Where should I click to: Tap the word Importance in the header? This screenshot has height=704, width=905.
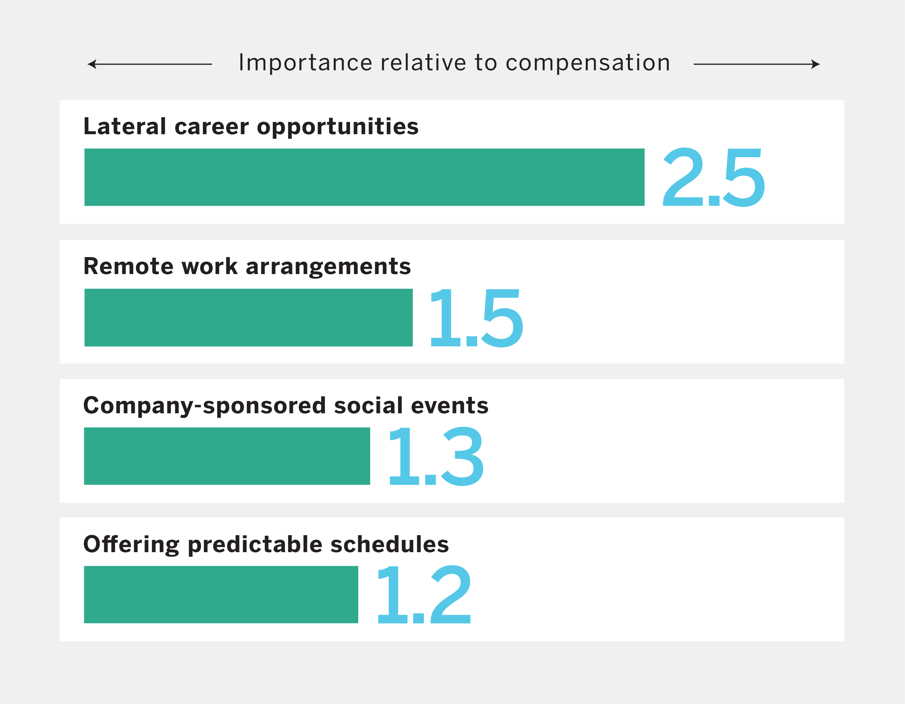305,63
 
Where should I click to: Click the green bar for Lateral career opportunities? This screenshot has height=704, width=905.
364,177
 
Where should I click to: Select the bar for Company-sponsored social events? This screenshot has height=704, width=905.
227,456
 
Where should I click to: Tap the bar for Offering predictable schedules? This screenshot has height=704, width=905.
221,595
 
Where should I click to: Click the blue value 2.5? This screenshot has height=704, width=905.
713,177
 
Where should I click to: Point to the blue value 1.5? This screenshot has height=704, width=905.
476,318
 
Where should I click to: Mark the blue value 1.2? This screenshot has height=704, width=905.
424,595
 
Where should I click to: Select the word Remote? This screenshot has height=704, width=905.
128,266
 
